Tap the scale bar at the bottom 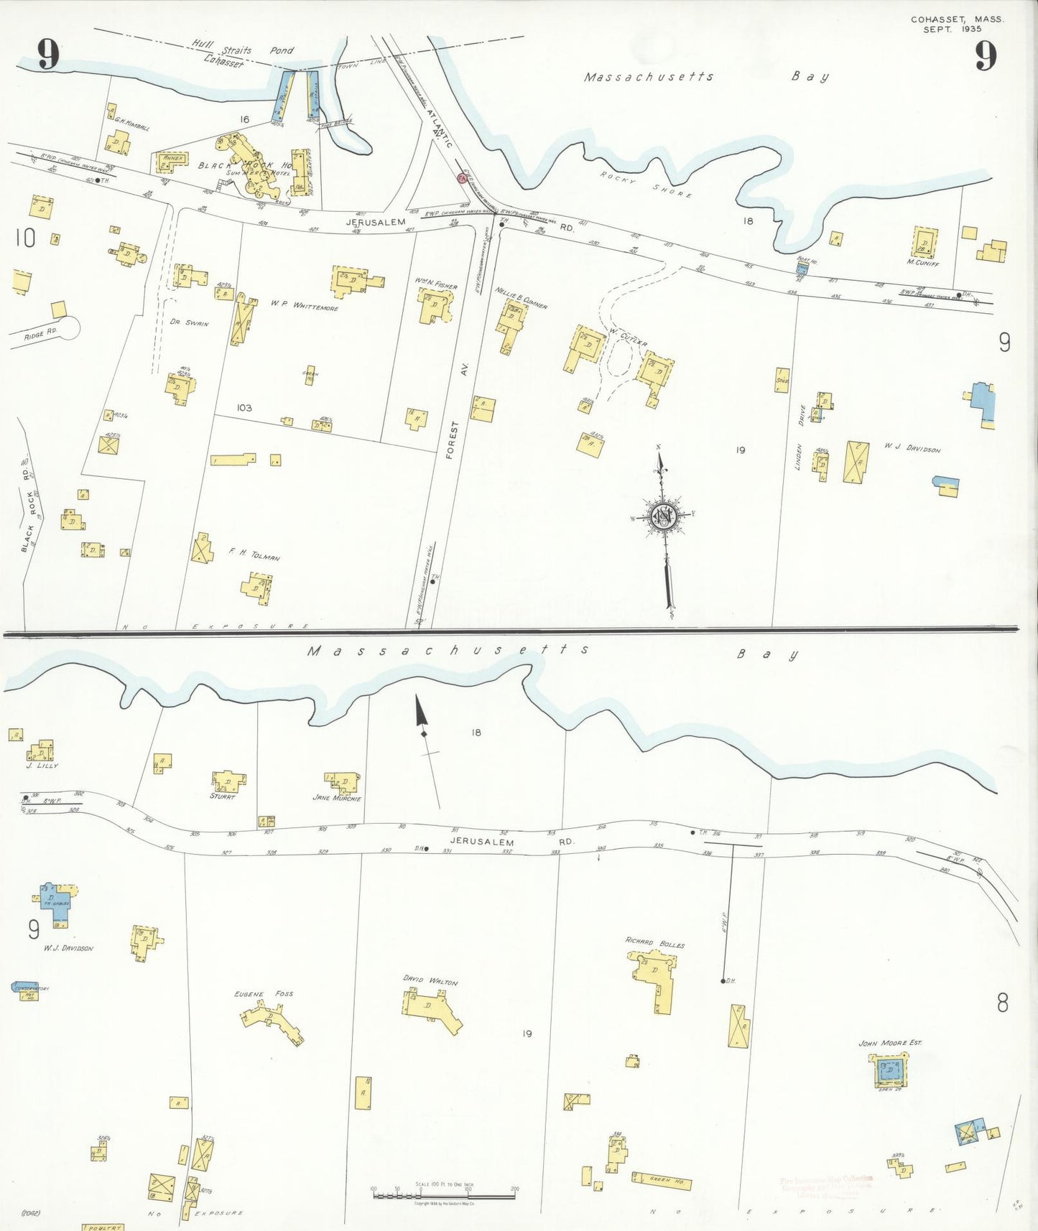pyautogui.click(x=444, y=1197)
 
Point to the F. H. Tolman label pyautogui.click(x=254, y=554)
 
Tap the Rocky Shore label pyautogui.click(x=646, y=185)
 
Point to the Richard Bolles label pyautogui.click(x=654, y=943)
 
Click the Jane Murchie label pyautogui.click(x=337, y=798)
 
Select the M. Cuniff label pyautogui.click(x=922, y=263)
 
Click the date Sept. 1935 pyautogui.click(x=952, y=29)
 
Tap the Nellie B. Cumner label pyautogui.click(x=521, y=297)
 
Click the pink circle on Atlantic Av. pyautogui.click(x=462, y=177)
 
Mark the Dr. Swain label pyautogui.click(x=190, y=322)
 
